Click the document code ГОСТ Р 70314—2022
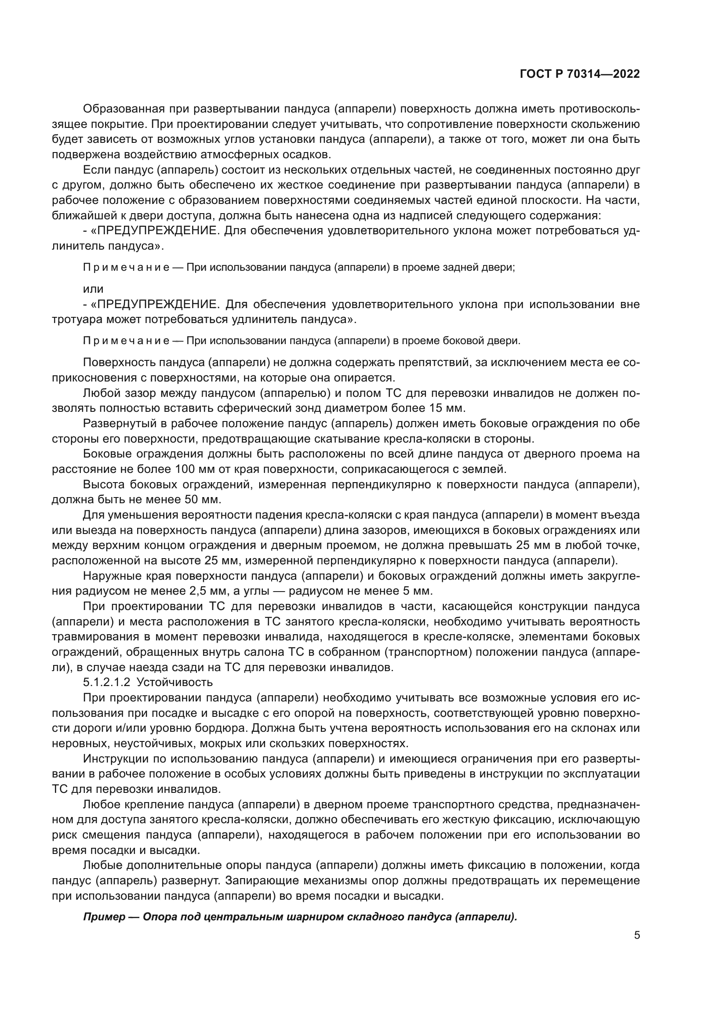click(x=580, y=74)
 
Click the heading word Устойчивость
click(x=174, y=683)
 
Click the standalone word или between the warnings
click(x=93, y=289)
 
